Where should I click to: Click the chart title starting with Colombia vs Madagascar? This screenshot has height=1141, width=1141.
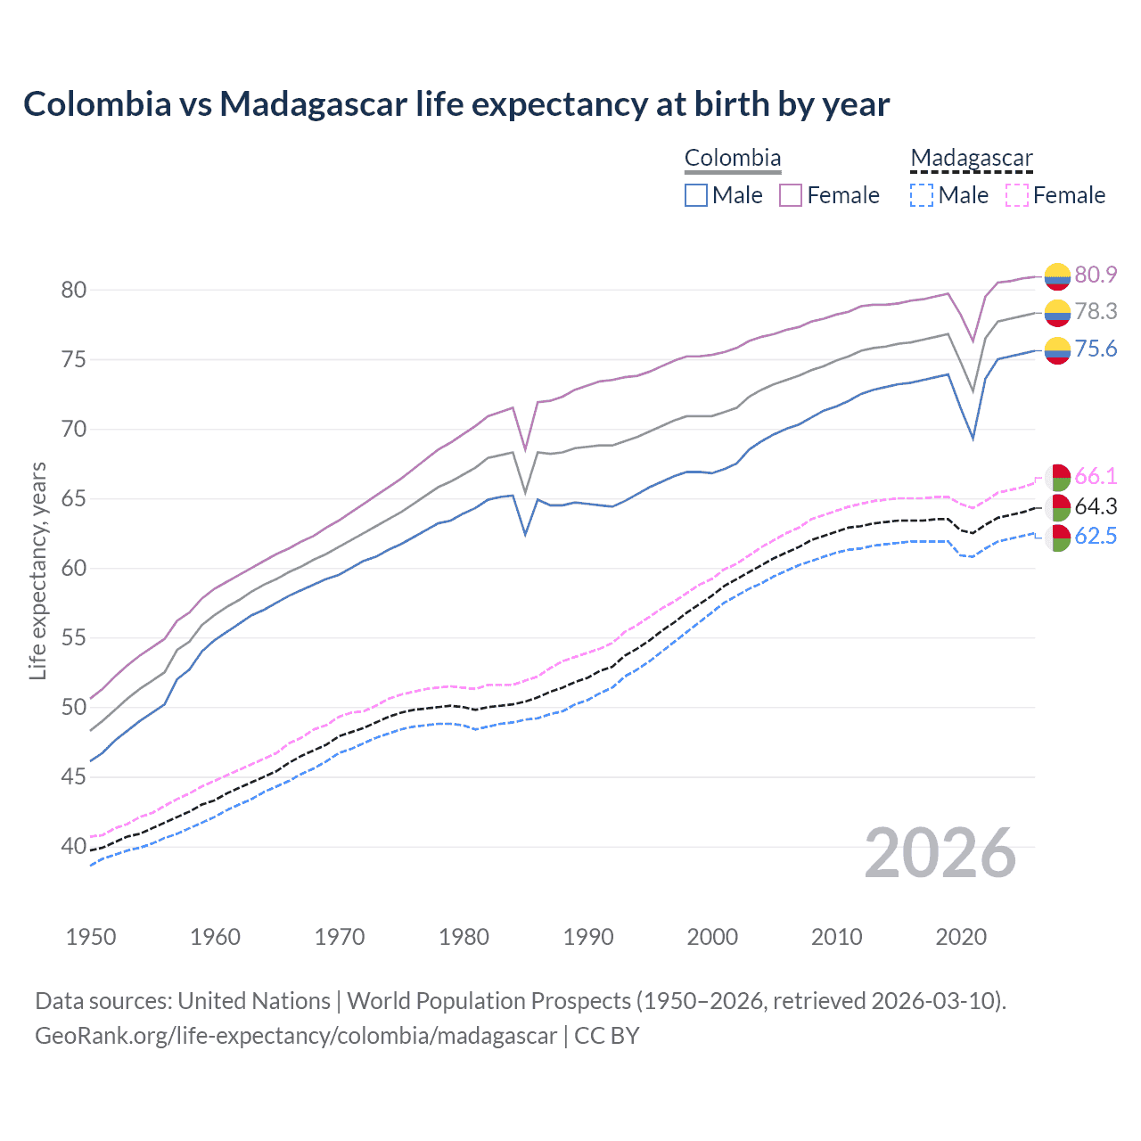[x=456, y=104]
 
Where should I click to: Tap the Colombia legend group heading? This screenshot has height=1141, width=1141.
[x=732, y=159]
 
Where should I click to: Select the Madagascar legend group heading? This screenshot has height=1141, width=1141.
[x=971, y=159]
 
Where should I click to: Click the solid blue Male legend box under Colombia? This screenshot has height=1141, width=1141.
[x=696, y=195]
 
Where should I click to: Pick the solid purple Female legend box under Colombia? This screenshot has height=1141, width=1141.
[x=791, y=195]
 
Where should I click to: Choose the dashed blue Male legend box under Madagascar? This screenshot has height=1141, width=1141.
[x=922, y=195]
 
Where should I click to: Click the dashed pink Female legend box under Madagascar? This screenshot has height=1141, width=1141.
[x=1016, y=195]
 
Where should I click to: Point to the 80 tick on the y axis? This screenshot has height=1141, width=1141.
[x=73, y=290]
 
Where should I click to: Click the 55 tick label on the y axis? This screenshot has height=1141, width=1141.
[x=73, y=637]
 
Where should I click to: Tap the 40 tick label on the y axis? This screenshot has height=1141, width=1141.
[x=73, y=846]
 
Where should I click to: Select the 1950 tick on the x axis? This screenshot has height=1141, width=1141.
[x=91, y=937]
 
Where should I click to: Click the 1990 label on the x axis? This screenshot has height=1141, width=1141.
[x=588, y=937]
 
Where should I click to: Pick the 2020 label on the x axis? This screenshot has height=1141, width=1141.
[x=961, y=937]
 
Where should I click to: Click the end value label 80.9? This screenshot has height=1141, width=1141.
[x=1096, y=275]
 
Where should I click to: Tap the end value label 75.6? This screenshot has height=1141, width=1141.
[x=1096, y=349]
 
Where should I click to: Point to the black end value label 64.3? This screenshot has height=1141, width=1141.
[x=1096, y=506]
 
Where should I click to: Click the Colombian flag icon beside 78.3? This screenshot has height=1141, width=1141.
[x=1057, y=313]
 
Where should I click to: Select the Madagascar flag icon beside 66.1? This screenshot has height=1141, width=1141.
[x=1057, y=478]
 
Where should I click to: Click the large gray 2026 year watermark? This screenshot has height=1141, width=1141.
[x=940, y=853]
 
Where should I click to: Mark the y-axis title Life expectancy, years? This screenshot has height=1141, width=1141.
[x=37, y=570]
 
